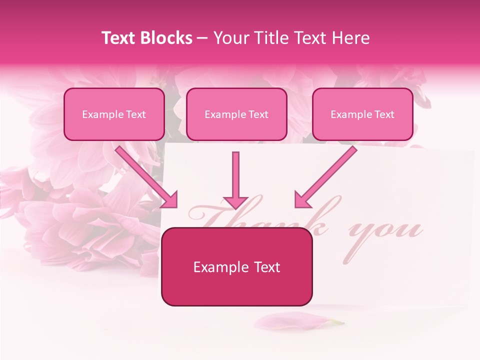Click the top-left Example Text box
114,114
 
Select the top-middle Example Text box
236,114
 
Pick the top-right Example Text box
362,114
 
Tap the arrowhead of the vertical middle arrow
235,202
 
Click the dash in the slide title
203,38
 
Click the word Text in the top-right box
384,114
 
